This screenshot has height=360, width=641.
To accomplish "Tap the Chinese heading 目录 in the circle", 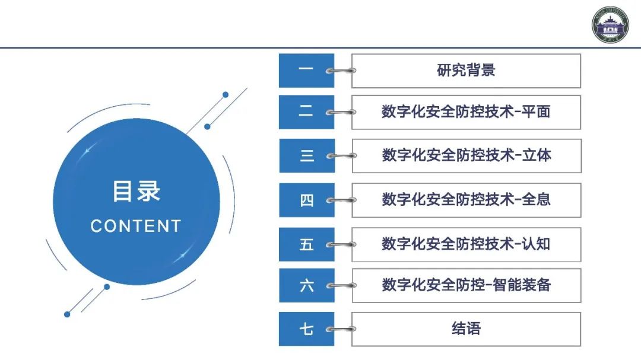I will click(x=137, y=192).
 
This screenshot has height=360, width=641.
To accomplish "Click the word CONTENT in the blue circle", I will click(x=136, y=226).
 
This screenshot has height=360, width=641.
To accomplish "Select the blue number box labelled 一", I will click(x=306, y=71).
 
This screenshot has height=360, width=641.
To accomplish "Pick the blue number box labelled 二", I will click(x=306, y=111).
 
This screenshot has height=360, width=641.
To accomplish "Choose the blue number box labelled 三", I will click(x=306, y=155).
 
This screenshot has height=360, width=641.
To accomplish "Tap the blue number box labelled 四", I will click(x=306, y=200).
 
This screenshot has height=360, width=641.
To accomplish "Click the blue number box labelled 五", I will click(x=306, y=244).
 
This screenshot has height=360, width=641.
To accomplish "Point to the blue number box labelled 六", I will click(x=306, y=285).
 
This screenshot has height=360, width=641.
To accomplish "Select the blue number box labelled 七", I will click(x=306, y=329).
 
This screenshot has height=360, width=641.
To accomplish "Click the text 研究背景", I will click(x=466, y=71).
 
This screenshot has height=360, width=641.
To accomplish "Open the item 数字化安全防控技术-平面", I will click(x=466, y=111).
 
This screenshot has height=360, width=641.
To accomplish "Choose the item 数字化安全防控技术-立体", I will click(x=466, y=155).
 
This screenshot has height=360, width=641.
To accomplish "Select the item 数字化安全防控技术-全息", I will click(x=466, y=200).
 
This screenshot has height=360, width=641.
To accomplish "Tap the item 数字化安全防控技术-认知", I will click(x=466, y=244).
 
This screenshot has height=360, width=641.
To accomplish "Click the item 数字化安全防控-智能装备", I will click(x=466, y=285).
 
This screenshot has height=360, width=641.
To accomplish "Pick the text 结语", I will click(x=466, y=329).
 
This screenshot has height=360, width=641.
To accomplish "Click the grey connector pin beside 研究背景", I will click(x=342, y=71).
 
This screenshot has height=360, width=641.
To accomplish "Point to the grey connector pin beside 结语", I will click(x=342, y=329).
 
